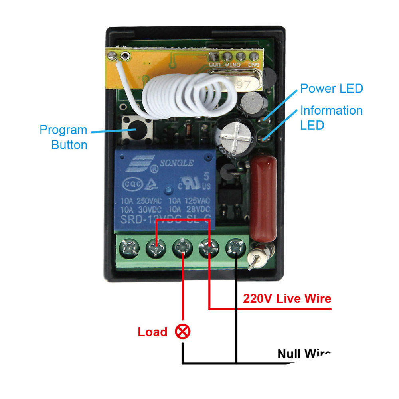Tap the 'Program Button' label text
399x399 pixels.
click(x=64, y=137)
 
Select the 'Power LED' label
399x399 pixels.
click(x=332, y=88)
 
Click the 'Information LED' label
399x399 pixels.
click(x=332, y=117)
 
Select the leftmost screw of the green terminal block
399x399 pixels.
click(x=130, y=250)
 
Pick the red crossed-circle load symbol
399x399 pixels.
click(x=183, y=331)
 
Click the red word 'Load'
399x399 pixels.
click(x=152, y=332)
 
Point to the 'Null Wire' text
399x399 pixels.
click(x=304, y=354)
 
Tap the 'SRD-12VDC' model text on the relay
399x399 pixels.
click(x=148, y=219)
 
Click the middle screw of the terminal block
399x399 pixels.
click(x=182, y=249)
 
